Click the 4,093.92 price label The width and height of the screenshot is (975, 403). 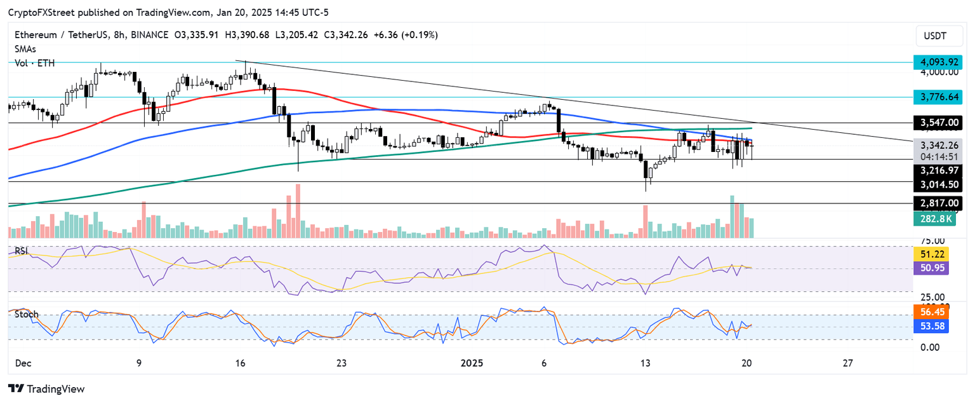pos(938,62)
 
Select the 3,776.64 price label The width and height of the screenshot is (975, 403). pos(938,97)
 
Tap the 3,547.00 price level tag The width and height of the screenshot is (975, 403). pos(938,122)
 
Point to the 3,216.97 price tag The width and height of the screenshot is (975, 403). pos(938,170)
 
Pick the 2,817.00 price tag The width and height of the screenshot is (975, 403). pos(938,203)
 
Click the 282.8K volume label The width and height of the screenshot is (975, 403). pos(938,219)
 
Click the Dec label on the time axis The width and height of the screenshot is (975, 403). pos(23,363)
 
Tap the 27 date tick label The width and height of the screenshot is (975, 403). pos(847,363)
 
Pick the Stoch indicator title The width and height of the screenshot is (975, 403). pos(27,314)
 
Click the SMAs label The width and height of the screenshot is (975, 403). pos(26,48)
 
